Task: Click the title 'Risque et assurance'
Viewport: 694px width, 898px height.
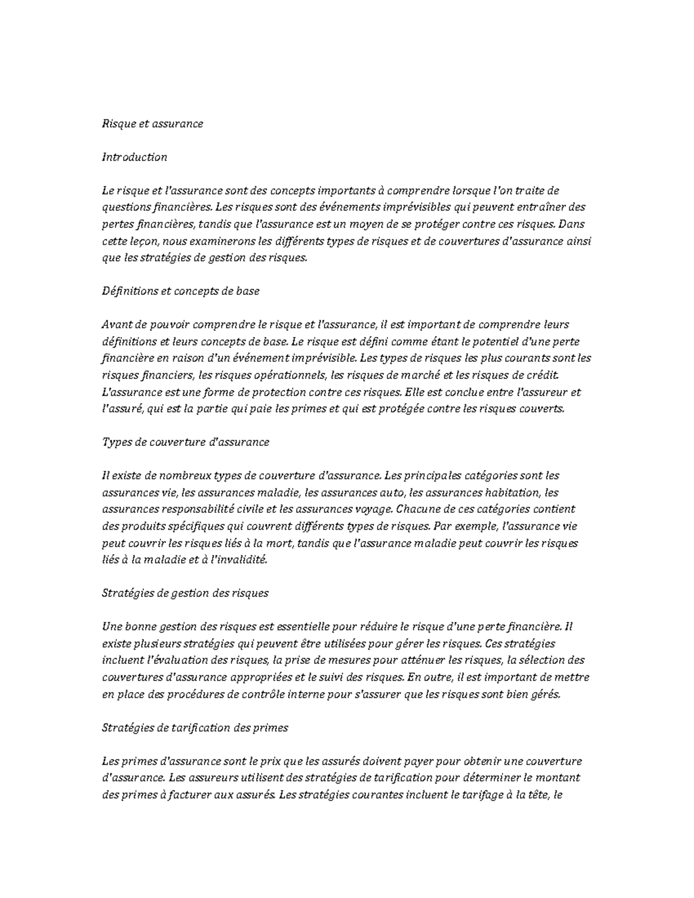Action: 152,124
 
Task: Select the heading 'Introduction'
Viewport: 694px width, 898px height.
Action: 134,157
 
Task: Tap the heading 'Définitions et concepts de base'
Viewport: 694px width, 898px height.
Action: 180,291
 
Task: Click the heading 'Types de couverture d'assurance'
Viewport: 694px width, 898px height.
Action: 186,442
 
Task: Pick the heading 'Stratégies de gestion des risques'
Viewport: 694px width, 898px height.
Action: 185,593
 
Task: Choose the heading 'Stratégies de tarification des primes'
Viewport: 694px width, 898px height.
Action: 195,728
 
